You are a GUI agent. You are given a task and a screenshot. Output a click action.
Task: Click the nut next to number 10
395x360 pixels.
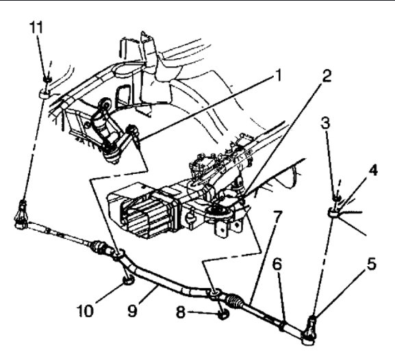pos(126,281)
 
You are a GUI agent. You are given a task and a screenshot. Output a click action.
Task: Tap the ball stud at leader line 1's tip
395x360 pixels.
pos(134,132)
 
